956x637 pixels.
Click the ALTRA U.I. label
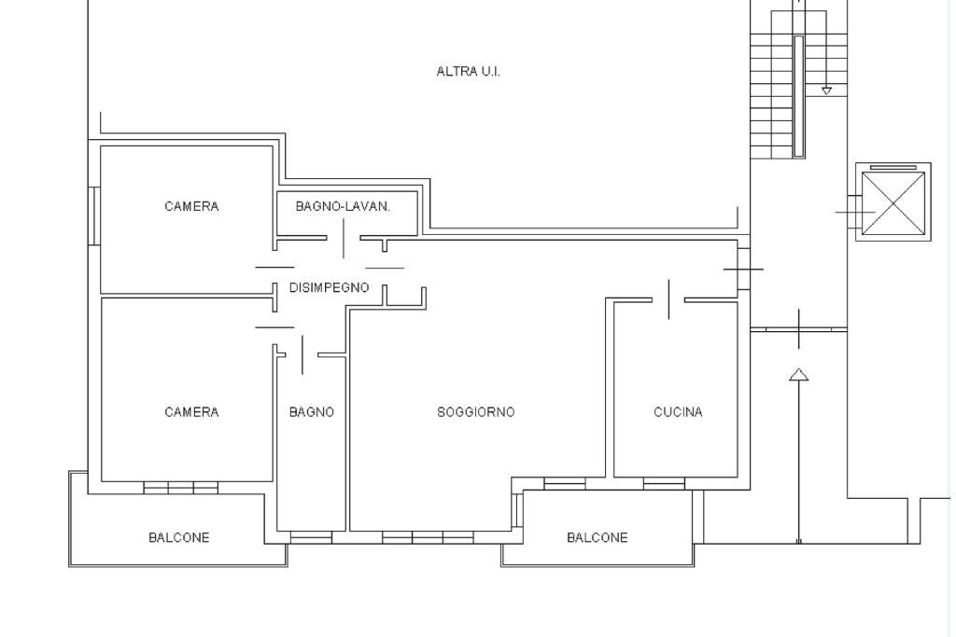coord(468,72)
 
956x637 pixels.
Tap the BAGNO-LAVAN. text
coord(343,206)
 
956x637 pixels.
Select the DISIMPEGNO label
coord(329,288)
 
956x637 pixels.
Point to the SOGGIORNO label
coord(475,412)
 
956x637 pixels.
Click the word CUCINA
coord(678,412)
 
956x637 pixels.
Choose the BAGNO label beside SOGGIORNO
coord(311,412)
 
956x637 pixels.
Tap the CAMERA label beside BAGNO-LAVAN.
coord(191,206)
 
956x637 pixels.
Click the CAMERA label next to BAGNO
coord(191,412)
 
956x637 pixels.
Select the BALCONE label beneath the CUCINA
coord(597,538)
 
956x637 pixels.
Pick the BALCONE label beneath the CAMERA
coord(178,538)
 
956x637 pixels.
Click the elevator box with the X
coord(893,201)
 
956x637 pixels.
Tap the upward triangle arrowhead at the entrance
coord(799,375)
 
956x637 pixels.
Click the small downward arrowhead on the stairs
coord(826,90)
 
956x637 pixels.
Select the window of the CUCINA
coord(664,483)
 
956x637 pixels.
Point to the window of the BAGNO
coord(311,538)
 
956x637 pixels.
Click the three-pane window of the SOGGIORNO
coord(428,538)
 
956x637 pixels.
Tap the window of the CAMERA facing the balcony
coord(180,487)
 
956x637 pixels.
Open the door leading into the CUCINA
coord(668,299)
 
